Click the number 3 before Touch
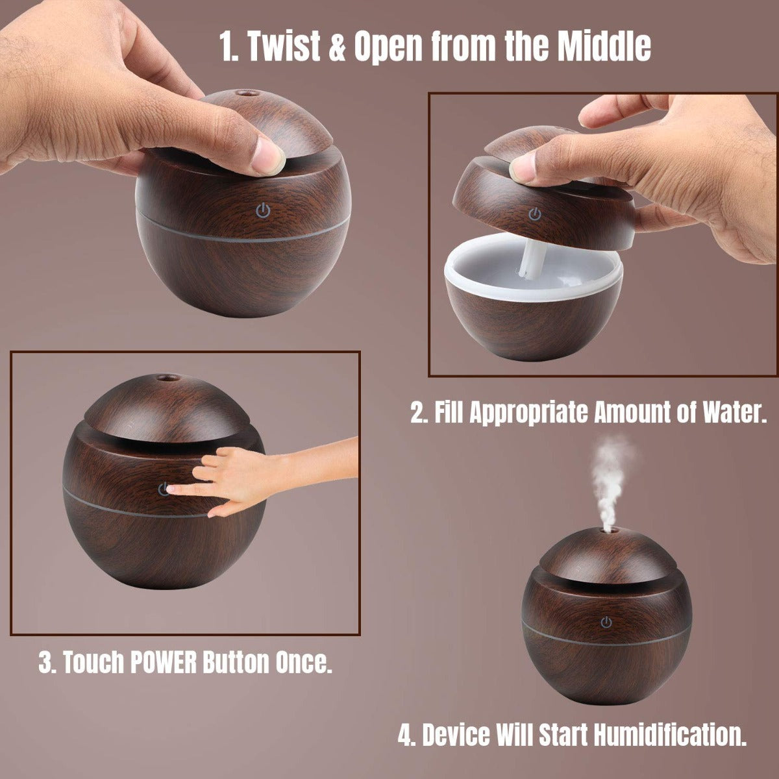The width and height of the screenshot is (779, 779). pyautogui.click(x=46, y=663)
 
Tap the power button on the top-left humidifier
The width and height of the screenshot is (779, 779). pyautogui.click(x=262, y=210)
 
